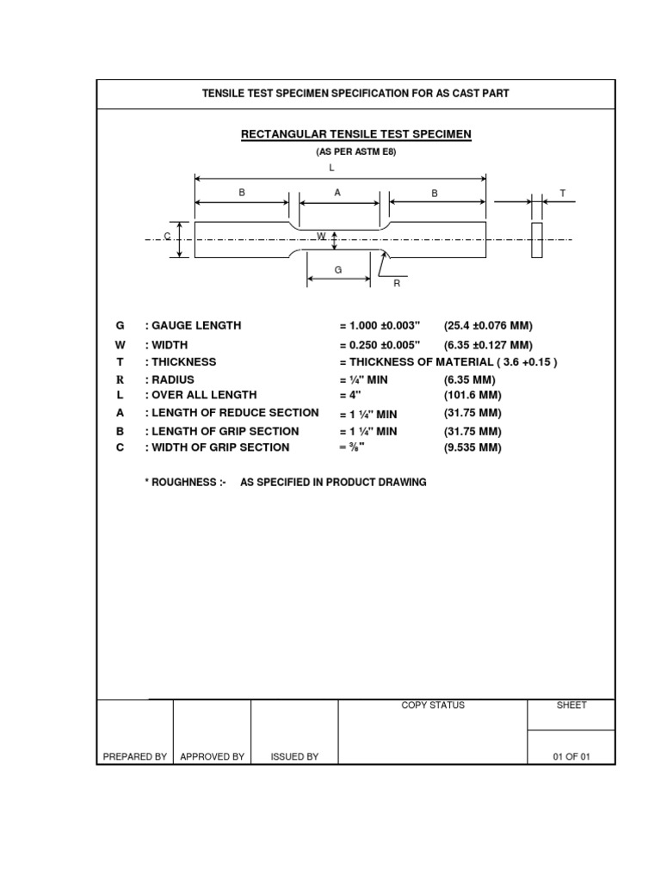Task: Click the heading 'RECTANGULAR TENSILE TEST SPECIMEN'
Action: tap(355, 134)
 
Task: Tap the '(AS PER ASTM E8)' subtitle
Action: tap(355, 151)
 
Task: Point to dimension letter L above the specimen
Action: tap(331, 169)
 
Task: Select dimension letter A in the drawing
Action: tap(338, 193)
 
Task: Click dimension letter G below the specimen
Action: tap(338, 270)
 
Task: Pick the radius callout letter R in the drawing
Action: tap(397, 282)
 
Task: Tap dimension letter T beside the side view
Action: tap(562, 194)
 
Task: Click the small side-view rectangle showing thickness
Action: tap(537, 240)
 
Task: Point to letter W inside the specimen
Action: tap(321, 236)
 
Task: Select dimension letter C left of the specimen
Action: tap(168, 236)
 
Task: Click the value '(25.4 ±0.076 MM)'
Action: tap(488, 326)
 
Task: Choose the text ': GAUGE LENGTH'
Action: tap(193, 326)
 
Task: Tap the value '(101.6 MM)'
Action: tap(473, 395)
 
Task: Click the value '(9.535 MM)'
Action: tap(473, 447)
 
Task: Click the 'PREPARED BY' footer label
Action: tap(135, 757)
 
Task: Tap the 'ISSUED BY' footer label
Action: tap(294, 757)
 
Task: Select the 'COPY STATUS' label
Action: tap(433, 705)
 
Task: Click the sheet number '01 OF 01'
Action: tap(571, 757)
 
